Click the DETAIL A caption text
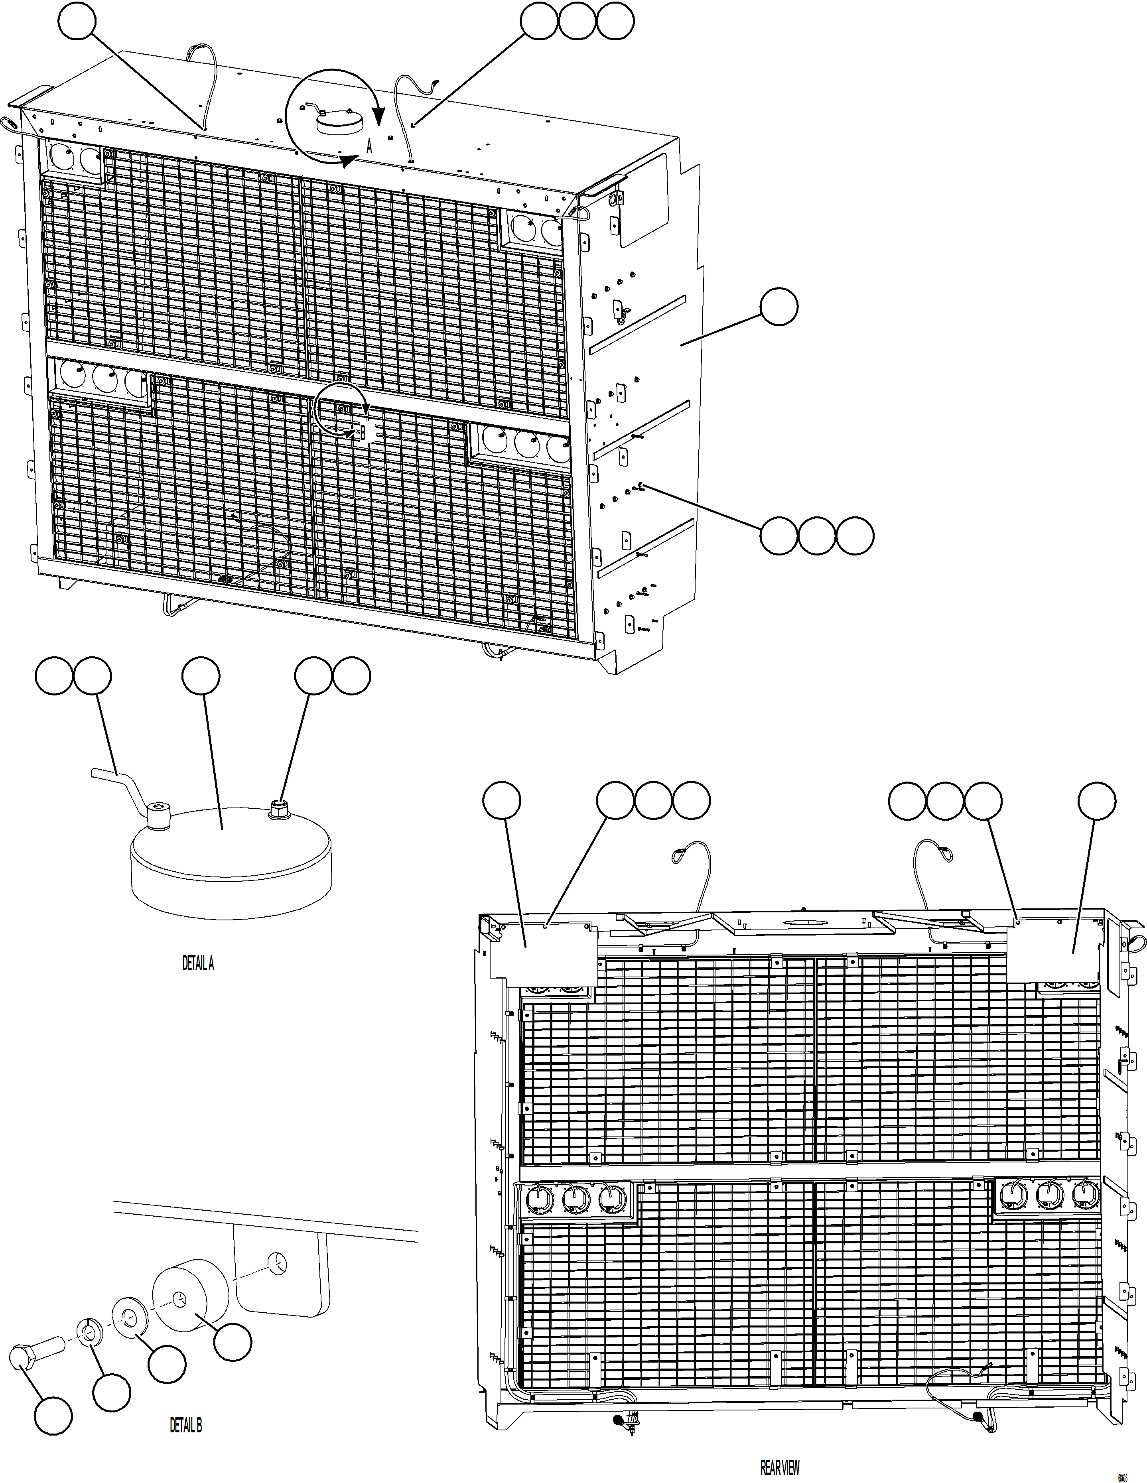coord(198,963)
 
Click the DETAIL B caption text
coord(185,1425)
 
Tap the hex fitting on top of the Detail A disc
coord(278,809)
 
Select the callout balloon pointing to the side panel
coord(779,307)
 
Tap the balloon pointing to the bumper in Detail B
coord(233,1341)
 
